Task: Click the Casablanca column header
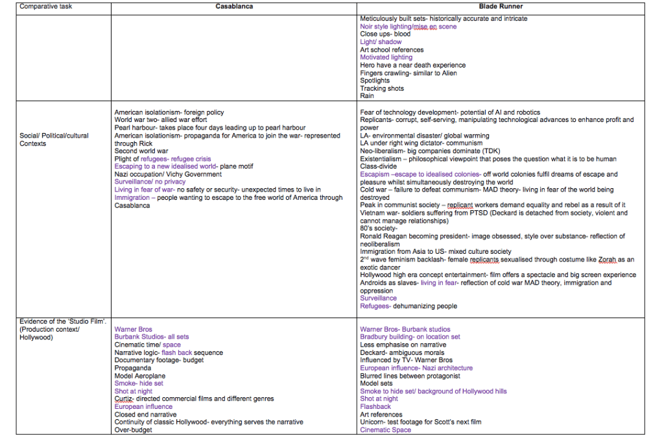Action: pos(234,7)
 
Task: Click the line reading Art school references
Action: pos(392,50)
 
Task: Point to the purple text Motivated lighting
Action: pos(386,58)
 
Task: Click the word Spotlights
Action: pos(375,81)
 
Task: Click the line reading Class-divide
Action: pos(379,167)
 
